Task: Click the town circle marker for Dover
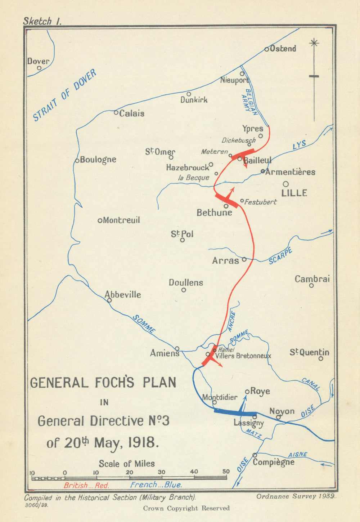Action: tap(39, 68)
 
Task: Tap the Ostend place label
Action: tap(283, 49)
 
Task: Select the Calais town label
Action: tap(131, 113)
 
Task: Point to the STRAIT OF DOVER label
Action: tap(65, 95)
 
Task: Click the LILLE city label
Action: tap(294, 193)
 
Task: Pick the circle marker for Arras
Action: tap(244, 259)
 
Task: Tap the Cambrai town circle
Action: tap(311, 285)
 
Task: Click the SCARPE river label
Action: tap(280, 256)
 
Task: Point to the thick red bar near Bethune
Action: tap(226, 201)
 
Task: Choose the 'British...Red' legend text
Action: tap(86, 485)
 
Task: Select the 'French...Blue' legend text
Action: tap(156, 485)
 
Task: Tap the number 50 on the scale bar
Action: tap(226, 471)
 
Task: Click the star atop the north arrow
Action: tap(314, 43)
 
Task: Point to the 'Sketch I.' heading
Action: tap(42, 21)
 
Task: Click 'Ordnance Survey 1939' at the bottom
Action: tap(296, 496)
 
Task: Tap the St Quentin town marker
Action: tap(320, 358)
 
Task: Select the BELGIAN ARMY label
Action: tap(251, 102)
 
